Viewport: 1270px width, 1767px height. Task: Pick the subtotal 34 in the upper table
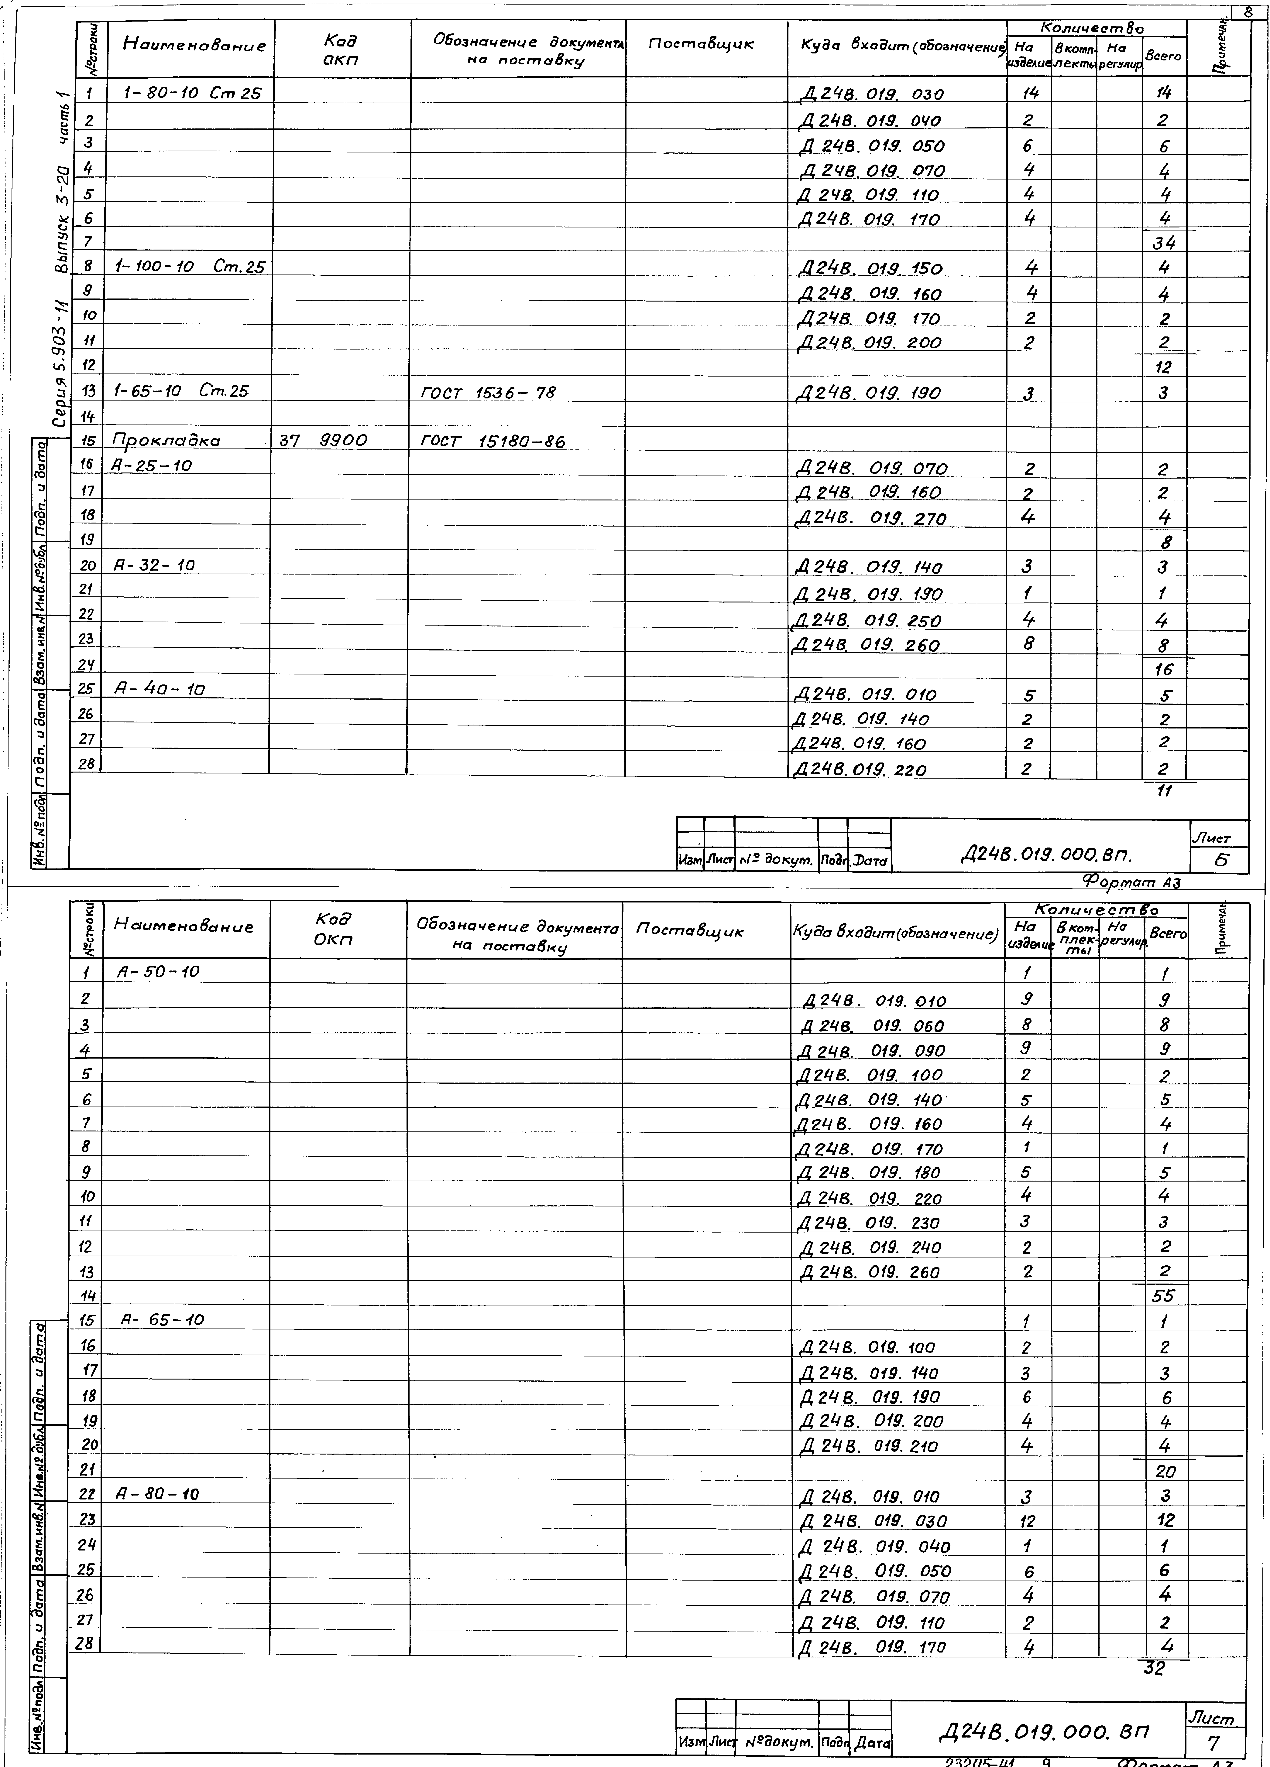point(1164,243)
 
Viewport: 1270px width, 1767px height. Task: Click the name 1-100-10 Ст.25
point(189,267)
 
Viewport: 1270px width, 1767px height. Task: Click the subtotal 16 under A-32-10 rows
point(1164,669)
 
